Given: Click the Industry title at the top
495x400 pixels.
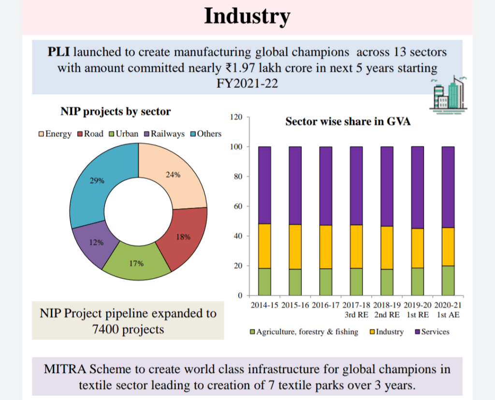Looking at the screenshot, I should click(247, 15).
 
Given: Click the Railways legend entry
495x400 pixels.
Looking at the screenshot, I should click(164, 134).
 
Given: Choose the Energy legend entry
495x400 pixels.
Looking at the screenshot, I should click(55, 134).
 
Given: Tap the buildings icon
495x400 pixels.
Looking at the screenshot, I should click(447, 94).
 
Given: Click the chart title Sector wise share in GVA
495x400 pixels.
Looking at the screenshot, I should click(348, 121).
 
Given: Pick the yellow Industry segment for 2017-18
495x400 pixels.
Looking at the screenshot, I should click(356, 246).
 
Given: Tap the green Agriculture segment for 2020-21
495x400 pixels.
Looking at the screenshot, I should click(448, 280).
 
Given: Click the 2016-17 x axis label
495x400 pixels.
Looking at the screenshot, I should click(325, 306).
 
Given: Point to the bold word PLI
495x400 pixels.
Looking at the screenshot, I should click(59, 52).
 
